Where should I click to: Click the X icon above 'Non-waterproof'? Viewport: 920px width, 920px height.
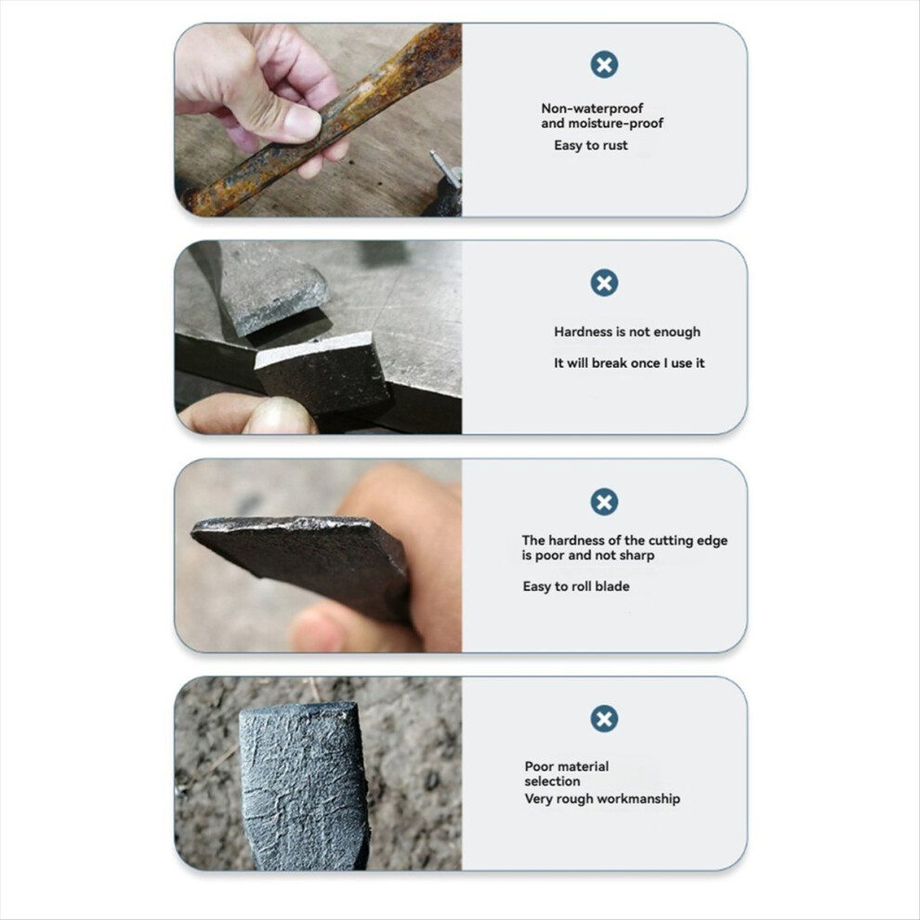(604, 64)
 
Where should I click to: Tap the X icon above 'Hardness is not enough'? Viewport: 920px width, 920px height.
(604, 283)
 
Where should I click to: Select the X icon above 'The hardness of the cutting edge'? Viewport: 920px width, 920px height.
(604, 502)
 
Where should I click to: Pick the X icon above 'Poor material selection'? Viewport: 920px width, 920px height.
(604, 718)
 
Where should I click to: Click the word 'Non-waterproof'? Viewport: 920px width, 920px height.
(591, 109)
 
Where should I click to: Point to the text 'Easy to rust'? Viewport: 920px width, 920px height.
(590, 146)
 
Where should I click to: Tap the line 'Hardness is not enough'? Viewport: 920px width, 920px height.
(626, 332)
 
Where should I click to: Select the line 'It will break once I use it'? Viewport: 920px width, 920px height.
(629, 363)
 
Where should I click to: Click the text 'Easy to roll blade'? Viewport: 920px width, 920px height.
(575, 586)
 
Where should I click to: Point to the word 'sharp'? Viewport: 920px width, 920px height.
(637, 556)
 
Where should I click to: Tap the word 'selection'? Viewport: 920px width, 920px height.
(552, 782)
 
